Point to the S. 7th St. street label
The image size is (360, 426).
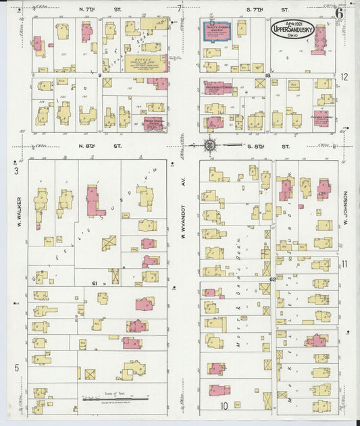point(257,9)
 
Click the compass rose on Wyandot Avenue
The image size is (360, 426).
point(211,144)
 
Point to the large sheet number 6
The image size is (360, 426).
point(338,11)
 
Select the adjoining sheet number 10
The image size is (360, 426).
point(223,406)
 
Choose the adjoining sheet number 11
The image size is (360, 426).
point(344,264)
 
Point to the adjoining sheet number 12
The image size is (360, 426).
point(344,77)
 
